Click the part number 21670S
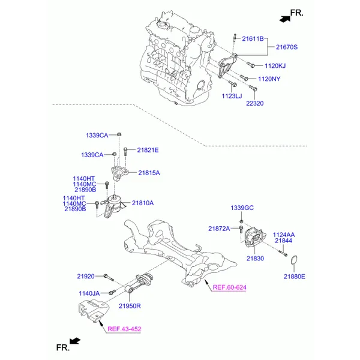pyautogui.click(x=287, y=47)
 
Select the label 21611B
pyautogui.click(x=253, y=39)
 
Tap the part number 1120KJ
pyautogui.click(x=275, y=66)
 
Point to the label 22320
pyautogui.click(x=255, y=103)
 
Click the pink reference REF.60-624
pyautogui.click(x=230, y=287)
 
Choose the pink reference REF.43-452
pyautogui.click(x=124, y=329)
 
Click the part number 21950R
pyautogui.click(x=130, y=306)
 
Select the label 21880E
pyautogui.click(x=295, y=277)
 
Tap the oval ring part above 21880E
pyautogui.click(x=294, y=260)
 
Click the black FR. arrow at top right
pyautogui.click(x=284, y=19)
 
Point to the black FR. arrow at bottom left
pyautogui.click(x=75, y=341)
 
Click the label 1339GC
pyautogui.click(x=242, y=208)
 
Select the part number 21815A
pyautogui.click(x=149, y=173)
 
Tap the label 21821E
pyautogui.click(x=148, y=150)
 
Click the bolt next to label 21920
pyautogui.click(x=109, y=278)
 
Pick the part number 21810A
pyautogui.click(x=143, y=203)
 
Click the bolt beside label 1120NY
pyautogui.click(x=244, y=78)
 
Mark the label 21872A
pyautogui.click(x=219, y=229)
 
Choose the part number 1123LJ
pyautogui.click(x=232, y=96)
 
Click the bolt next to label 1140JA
pyautogui.click(x=112, y=292)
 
